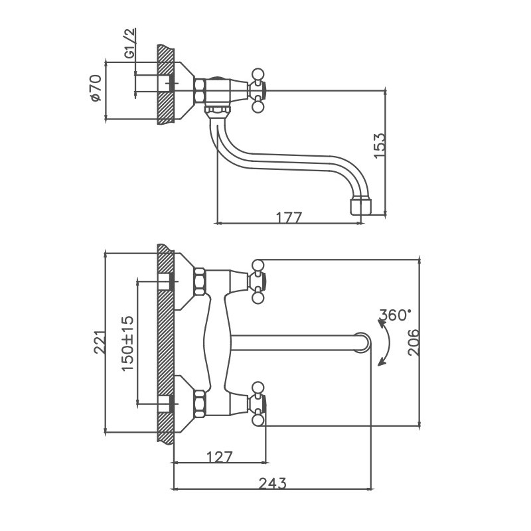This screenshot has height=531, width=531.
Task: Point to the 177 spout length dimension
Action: [288, 217]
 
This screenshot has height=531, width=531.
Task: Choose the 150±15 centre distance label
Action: [128, 342]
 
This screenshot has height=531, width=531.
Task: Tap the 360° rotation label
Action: [396, 315]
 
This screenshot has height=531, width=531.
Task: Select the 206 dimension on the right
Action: [413, 342]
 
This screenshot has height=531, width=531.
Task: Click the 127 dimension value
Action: [220, 457]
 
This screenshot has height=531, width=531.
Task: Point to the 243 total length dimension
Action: [273, 483]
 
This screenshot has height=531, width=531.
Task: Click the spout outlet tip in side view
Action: [359, 206]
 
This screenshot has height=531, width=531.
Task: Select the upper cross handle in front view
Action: [258, 282]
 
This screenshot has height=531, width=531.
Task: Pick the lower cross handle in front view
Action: [258, 404]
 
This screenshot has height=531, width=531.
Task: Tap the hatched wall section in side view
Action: [165, 84]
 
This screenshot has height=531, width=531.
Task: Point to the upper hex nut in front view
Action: [198, 281]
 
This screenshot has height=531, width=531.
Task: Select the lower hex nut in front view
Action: [198, 404]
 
